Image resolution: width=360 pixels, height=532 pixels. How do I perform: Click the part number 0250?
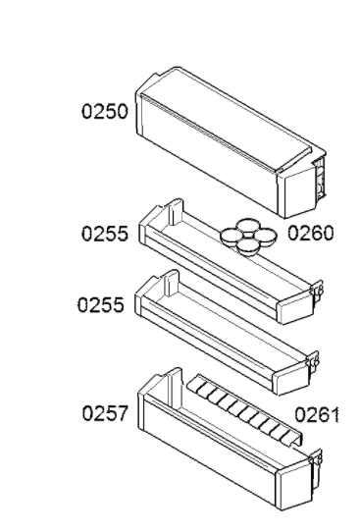pos(105,112)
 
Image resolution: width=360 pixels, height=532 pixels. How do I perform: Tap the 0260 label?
pos(311,233)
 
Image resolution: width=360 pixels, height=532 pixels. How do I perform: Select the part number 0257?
pos(105,413)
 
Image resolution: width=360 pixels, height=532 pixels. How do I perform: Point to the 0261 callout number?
pos(317,415)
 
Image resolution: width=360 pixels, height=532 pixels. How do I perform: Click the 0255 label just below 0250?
pos(105,234)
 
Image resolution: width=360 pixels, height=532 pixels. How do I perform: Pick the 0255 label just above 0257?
pos(101,304)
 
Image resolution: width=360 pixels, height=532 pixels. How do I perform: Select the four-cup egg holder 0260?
pos(248,237)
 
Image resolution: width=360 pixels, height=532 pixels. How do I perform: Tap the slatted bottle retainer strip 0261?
pos(244,409)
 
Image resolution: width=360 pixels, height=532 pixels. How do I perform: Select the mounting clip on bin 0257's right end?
pos(317,465)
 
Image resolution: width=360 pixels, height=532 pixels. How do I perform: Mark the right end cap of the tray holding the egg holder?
pos(295,309)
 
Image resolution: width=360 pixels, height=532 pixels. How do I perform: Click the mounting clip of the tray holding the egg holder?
pos(318,291)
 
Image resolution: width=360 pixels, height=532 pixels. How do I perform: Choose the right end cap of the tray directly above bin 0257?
pos(291,380)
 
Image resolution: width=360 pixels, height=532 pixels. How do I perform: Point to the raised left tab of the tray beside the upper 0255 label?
pos(177,212)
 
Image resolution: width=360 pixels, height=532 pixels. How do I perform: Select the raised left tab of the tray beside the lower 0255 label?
pos(173,284)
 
